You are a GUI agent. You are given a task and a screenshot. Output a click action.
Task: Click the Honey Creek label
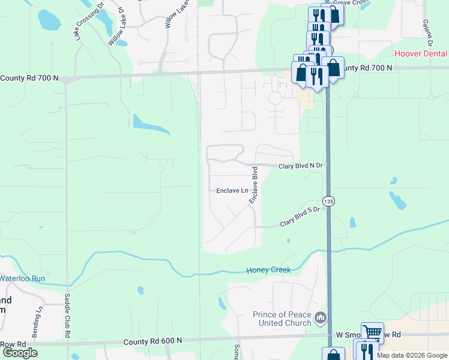268,270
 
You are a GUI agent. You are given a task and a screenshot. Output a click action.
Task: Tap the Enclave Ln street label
232,191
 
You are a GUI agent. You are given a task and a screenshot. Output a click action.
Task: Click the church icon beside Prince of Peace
321,316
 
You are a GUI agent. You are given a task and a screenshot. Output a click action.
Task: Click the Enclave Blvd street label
254,185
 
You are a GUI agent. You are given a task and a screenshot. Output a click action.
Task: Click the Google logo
20,353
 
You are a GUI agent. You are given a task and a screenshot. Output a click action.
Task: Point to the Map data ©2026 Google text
412,355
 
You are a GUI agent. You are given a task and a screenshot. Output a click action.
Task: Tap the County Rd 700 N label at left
30,78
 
